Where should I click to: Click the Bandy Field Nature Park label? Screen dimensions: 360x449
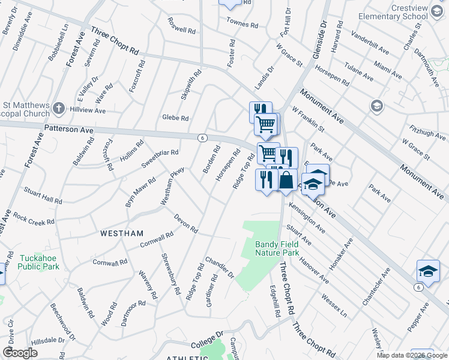277,248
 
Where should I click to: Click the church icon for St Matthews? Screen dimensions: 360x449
58,109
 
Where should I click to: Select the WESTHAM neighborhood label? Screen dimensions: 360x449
122,233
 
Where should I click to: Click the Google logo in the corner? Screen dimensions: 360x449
20,353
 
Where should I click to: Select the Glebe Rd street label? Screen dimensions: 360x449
175,118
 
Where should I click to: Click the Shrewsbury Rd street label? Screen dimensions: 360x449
170,274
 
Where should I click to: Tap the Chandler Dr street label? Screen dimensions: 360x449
219,267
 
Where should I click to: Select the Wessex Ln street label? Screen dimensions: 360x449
334,304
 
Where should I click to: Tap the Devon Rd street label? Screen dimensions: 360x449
185,223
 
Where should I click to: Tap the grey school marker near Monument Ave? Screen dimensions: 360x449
376,106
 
